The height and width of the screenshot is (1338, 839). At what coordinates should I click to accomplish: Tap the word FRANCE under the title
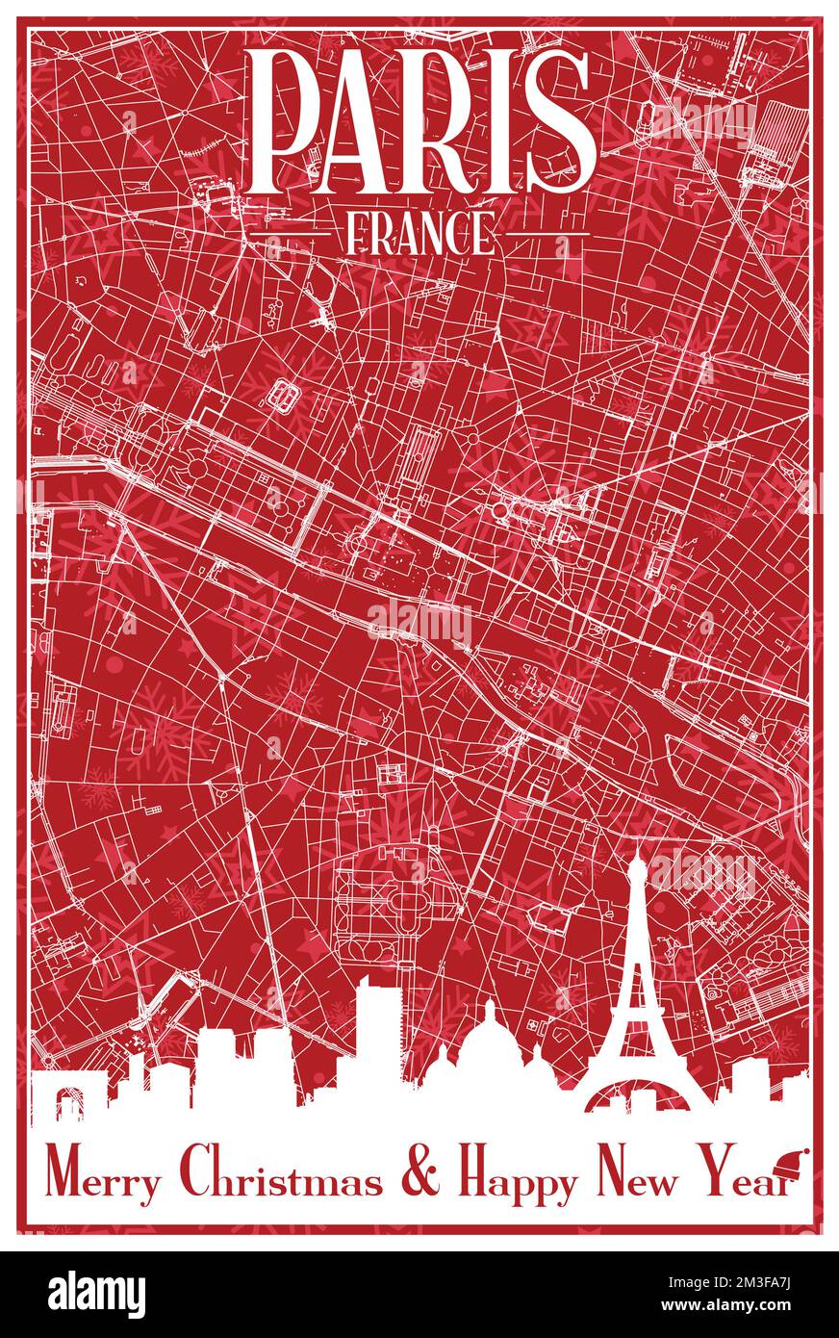point(419,234)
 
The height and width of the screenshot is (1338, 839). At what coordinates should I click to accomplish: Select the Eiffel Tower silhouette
point(636,1001)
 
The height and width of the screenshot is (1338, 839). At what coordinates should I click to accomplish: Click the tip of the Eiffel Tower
point(636,846)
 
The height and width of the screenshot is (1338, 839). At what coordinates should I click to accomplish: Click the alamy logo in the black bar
point(97,1295)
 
